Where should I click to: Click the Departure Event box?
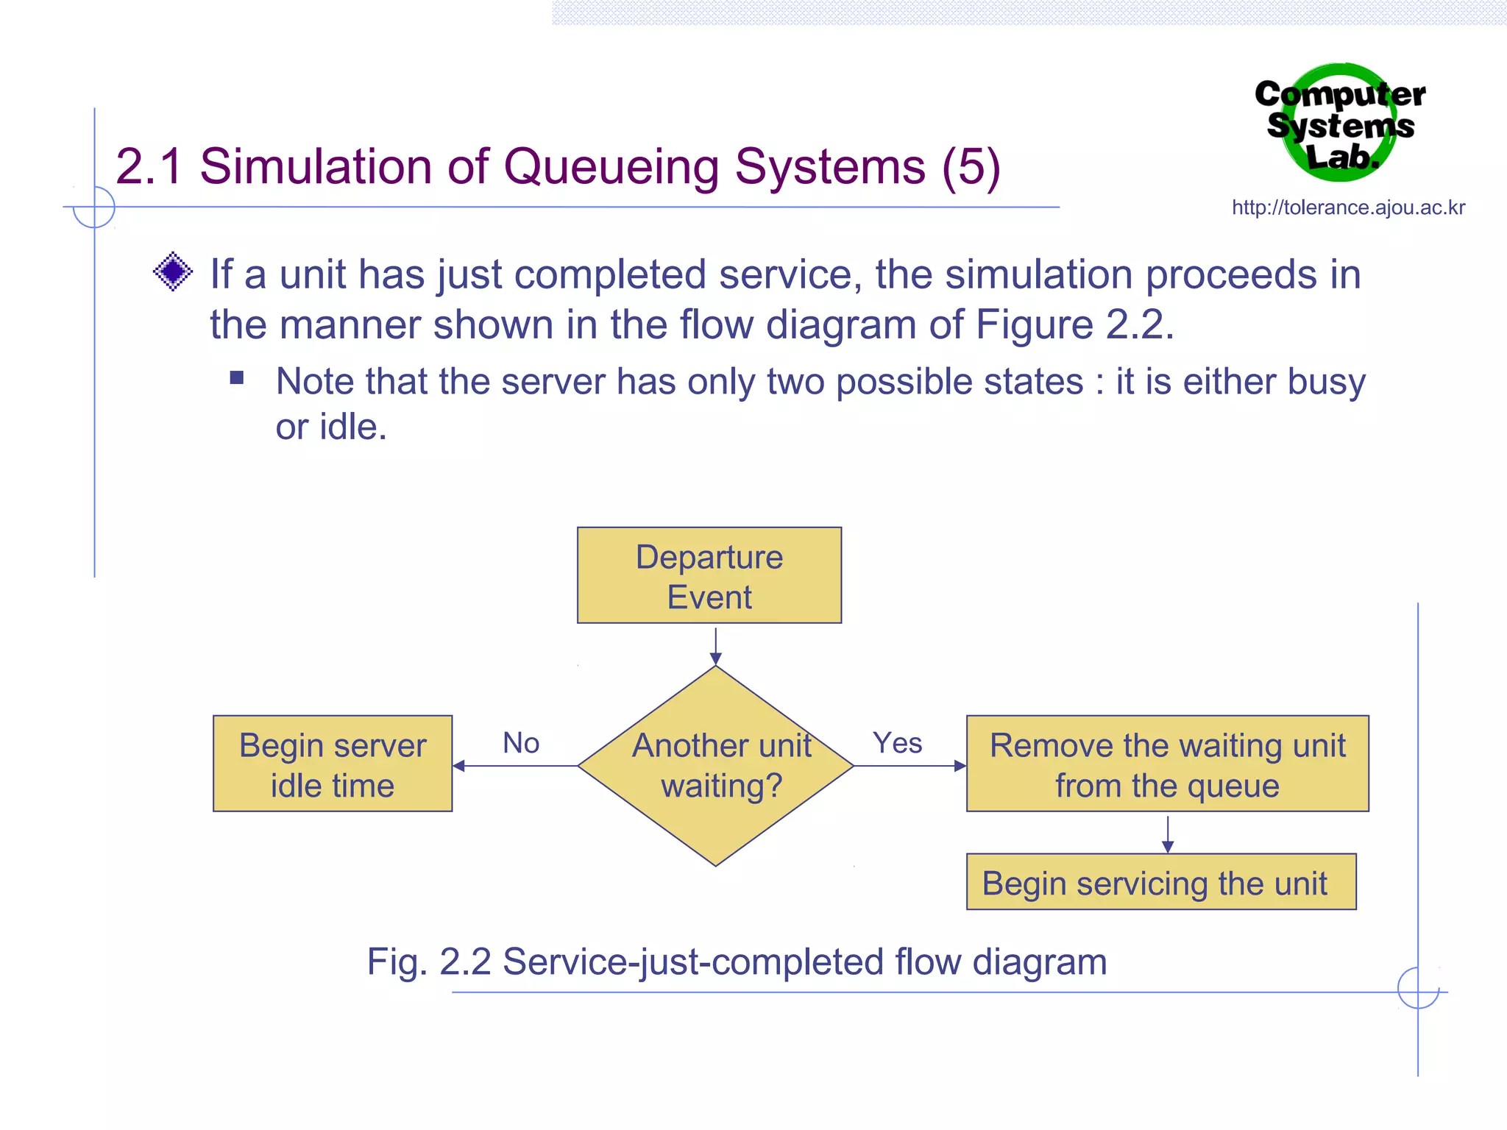(x=709, y=575)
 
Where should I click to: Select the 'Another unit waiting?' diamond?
(x=715, y=766)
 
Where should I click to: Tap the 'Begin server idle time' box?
(x=333, y=764)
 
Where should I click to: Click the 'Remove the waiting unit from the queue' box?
(x=1167, y=764)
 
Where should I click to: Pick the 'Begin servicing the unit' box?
(x=1160, y=882)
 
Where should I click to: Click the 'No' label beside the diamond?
(x=521, y=743)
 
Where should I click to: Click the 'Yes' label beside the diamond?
(x=897, y=743)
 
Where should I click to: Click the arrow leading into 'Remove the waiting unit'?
(x=909, y=766)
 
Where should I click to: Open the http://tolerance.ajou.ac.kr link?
(x=1348, y=207)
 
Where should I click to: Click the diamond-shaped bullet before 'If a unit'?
(x=173, y=271)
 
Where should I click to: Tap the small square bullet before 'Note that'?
(x=236, y=378)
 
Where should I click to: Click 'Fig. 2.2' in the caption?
(x=429, y=962)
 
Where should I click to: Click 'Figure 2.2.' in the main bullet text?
(x=1074, y=324)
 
